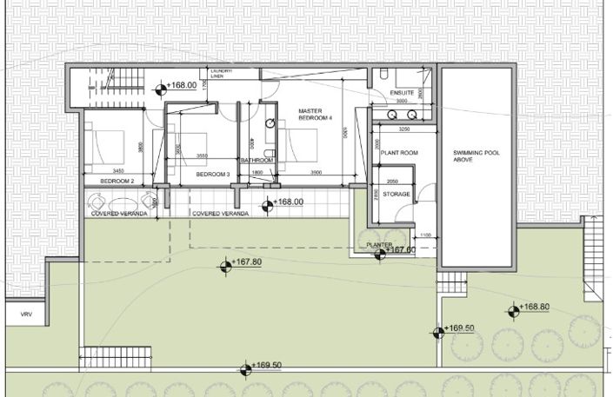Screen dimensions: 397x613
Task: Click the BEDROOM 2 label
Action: click(x=116, y=181)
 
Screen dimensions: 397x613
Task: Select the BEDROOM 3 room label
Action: click(x=211, y=175)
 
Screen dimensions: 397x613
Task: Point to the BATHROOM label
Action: click(x=257, y=161)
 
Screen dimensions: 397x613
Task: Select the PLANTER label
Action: click(x=380, y=246)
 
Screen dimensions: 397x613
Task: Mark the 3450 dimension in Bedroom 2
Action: click(x=118, y=170)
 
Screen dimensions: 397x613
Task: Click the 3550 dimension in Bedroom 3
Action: click(x=202, y=156)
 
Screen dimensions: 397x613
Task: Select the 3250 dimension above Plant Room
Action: click(x=403, y=129)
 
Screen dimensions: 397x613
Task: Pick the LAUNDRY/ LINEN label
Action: click(x=217, y=75)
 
